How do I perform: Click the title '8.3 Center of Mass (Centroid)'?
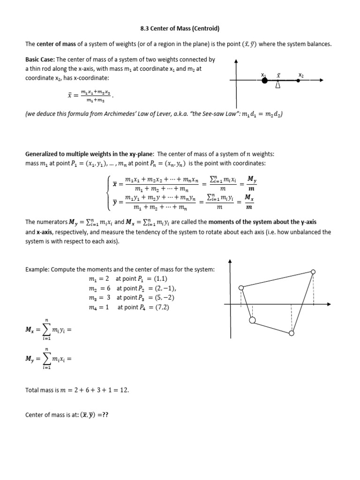pos(180,28)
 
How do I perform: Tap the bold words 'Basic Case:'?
pos(40,60)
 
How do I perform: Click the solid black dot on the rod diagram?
pos(264,81)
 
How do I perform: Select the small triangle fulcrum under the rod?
pos(278,85)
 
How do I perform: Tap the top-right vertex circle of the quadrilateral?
pos(313,271)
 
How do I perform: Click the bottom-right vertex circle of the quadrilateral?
pos(292,333)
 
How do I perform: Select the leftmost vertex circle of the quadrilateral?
pos(241,288)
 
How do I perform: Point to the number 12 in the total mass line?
pos(124,390)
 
